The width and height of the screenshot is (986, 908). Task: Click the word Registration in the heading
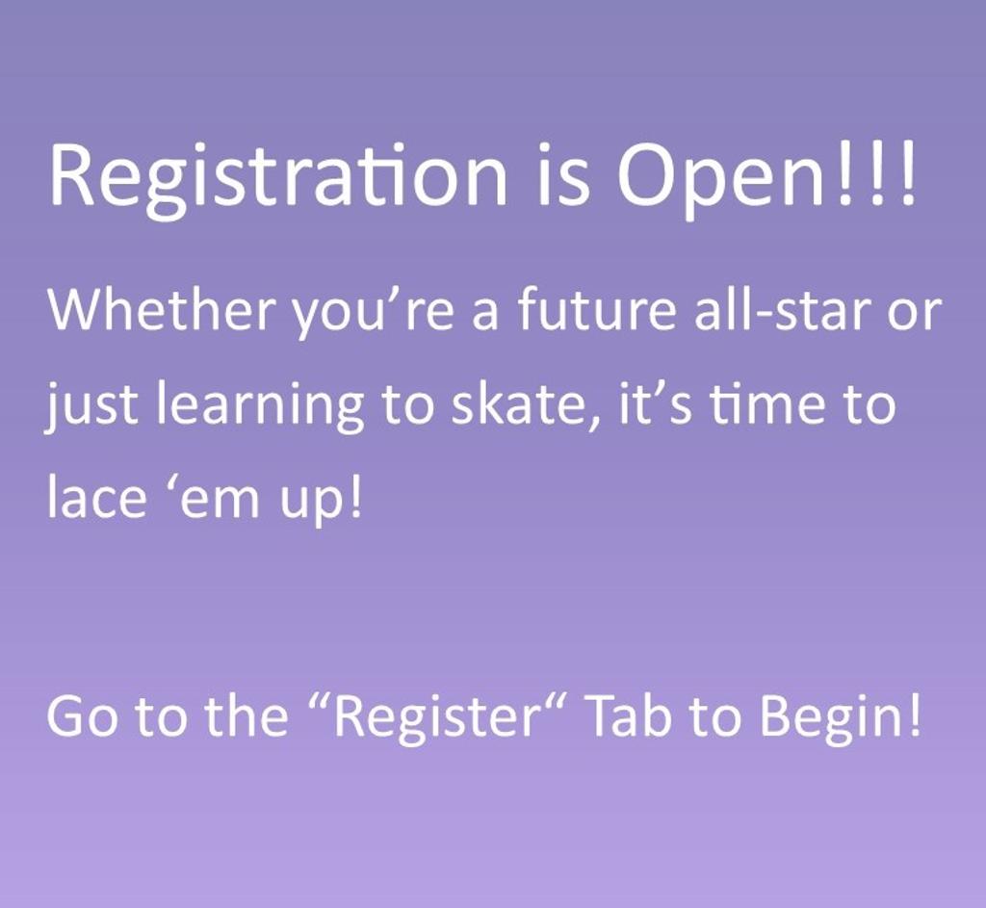coord(278,177)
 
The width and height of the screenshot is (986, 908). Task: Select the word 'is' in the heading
coord(564,176)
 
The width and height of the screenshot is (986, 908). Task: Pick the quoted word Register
coord(434,717)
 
